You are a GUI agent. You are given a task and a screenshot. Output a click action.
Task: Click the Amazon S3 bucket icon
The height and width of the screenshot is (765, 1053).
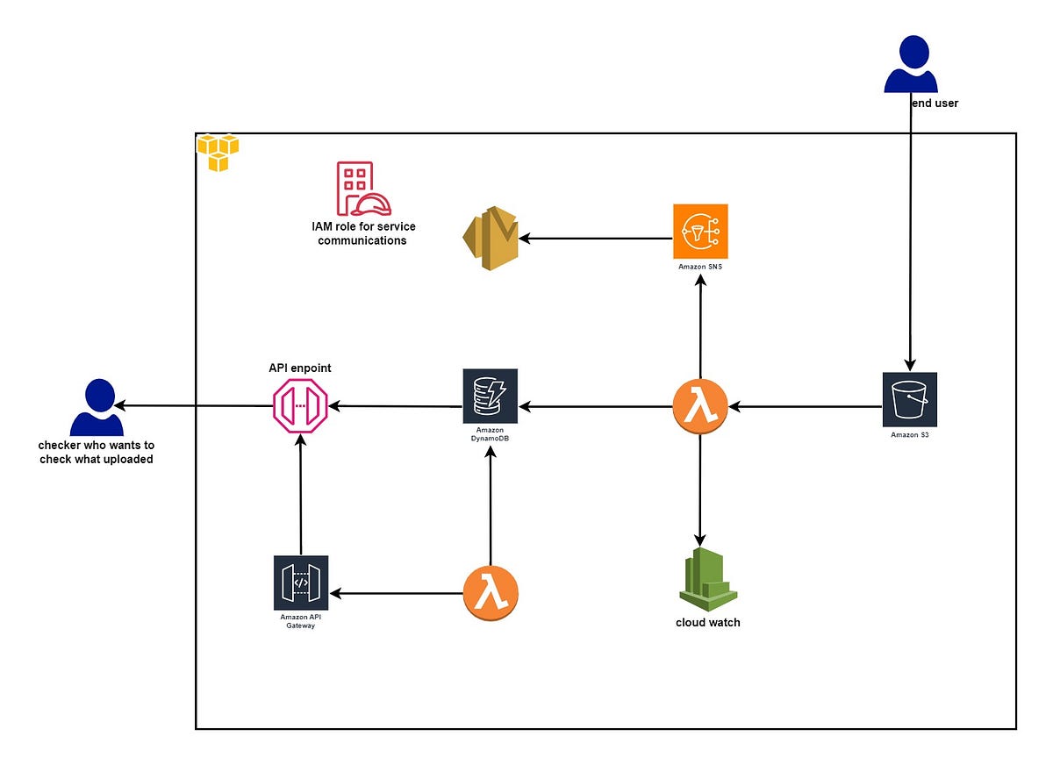909,399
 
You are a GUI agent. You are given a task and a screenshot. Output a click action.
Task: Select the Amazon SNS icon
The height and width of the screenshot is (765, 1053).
700,232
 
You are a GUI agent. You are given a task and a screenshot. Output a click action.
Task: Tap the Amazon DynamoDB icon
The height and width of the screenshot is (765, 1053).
491,396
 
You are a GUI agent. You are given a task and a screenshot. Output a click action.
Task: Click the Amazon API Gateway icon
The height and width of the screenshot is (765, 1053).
301,582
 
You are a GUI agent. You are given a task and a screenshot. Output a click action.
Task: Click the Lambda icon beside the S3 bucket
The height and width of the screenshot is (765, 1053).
700,406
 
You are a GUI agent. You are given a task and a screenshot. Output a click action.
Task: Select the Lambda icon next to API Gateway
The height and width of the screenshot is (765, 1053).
491,593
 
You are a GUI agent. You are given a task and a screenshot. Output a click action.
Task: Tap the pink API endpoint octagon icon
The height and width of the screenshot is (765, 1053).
300,407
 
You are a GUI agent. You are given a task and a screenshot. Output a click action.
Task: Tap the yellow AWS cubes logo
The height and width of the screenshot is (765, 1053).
218,153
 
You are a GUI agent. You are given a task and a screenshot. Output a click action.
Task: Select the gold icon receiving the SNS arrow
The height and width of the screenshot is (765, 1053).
491,239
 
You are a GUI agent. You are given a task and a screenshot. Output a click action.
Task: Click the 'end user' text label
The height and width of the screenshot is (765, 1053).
935,103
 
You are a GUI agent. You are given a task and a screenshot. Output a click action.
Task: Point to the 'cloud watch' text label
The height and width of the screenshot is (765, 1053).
707,622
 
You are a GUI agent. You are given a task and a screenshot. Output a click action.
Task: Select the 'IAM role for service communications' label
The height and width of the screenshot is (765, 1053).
362,233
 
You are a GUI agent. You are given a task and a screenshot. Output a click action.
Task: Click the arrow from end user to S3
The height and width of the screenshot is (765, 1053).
910,246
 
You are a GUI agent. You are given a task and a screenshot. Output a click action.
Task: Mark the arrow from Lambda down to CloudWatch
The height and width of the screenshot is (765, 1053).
700,491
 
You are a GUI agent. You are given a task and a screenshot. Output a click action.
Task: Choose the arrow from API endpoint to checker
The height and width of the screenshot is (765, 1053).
193,406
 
